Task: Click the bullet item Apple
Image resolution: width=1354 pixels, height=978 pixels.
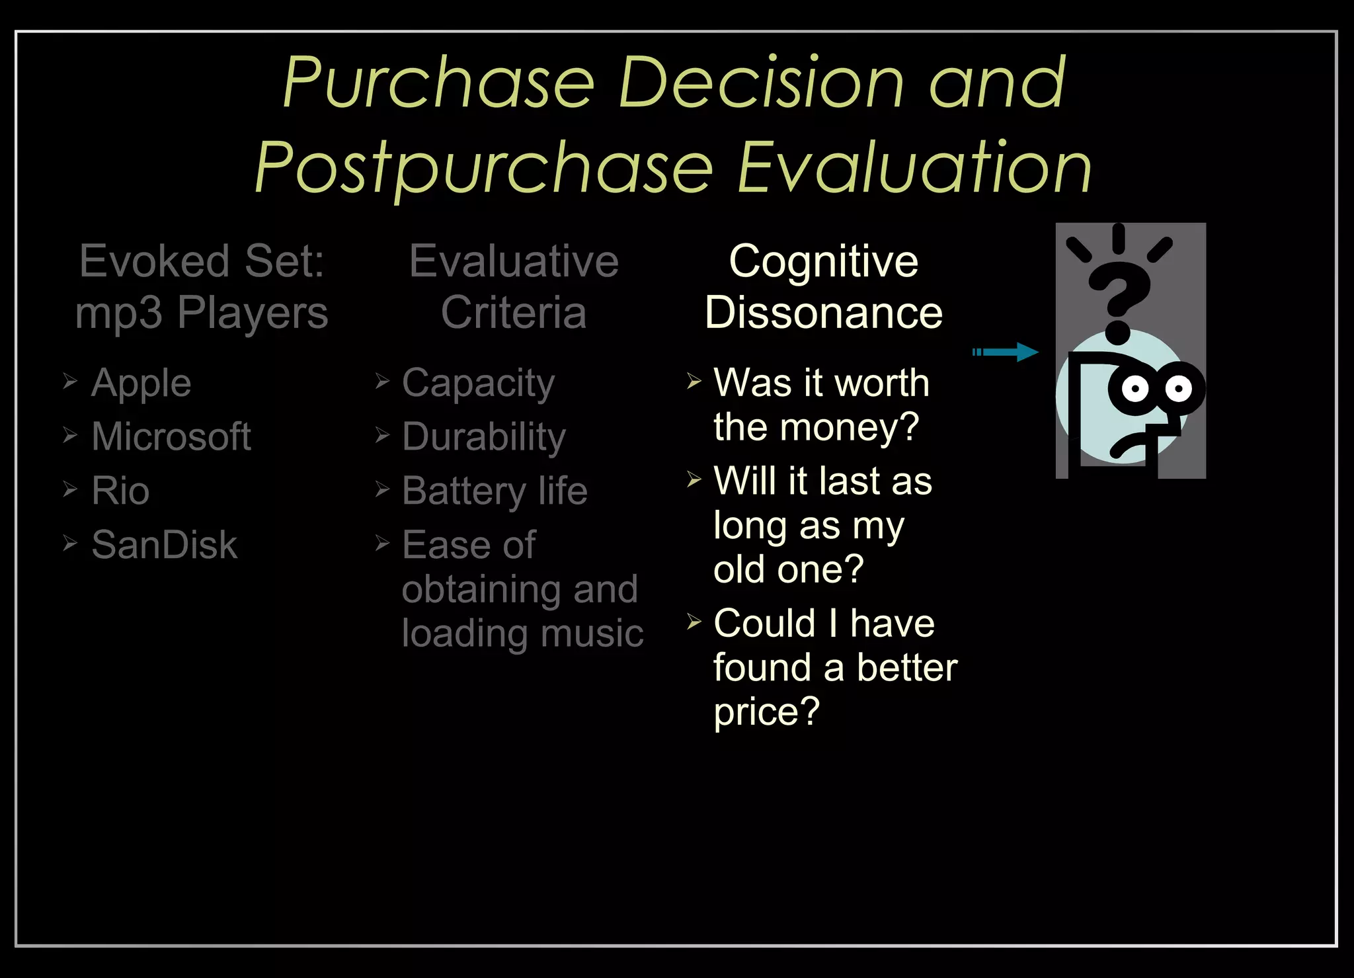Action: (141, 384)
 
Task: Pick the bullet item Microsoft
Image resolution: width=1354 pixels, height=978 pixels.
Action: (171, 437)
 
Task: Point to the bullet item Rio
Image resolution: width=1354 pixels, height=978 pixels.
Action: (120, 491)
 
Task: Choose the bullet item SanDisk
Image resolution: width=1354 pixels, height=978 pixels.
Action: (164, 546)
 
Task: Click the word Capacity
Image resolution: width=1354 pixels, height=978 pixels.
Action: (478, 384)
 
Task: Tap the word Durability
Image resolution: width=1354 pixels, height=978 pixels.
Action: (484, 438)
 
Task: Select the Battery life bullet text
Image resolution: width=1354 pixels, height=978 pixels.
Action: (495, 491)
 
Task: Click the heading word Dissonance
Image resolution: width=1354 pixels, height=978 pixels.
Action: (823, 313)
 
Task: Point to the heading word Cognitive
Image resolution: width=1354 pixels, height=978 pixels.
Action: (823, 261)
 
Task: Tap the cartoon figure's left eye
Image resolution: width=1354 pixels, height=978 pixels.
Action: (1135, 389)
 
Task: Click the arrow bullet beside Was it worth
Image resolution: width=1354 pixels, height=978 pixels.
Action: (694, 382)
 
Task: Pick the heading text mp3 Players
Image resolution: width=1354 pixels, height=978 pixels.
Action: (202, 313)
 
